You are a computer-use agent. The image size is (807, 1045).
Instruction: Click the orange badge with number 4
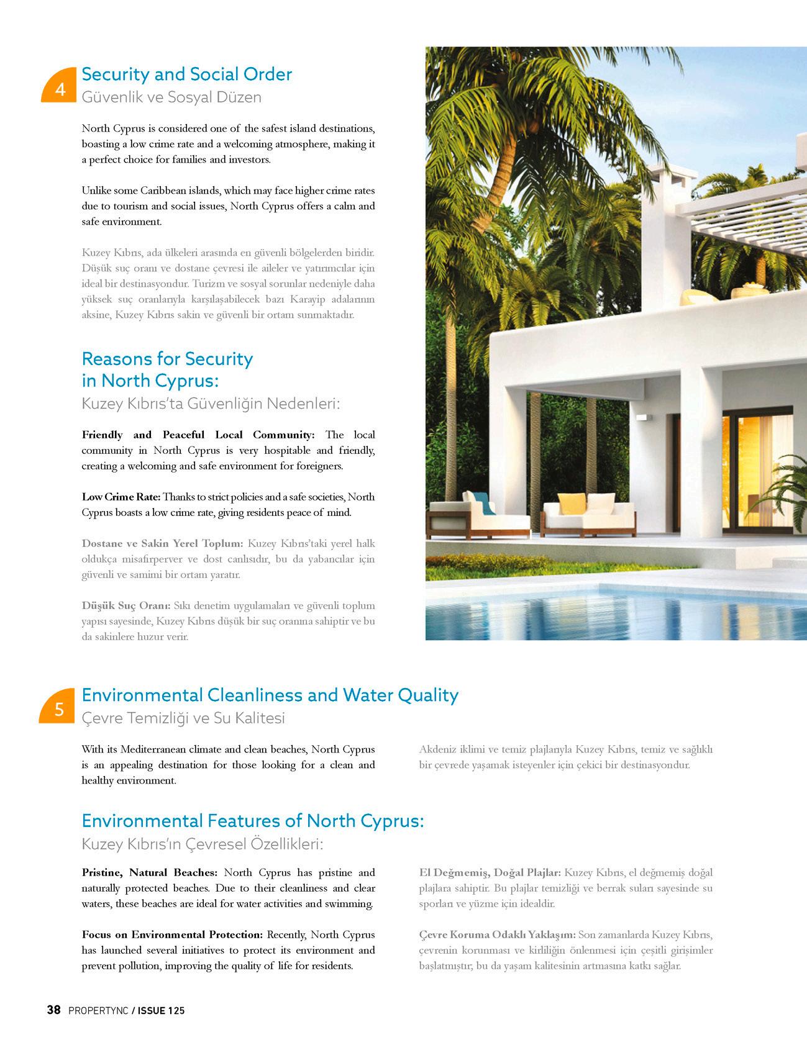pyautogui.click(x=60, y=87)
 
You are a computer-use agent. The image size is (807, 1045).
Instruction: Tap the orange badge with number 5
pyautogui.click(x=59, y=709)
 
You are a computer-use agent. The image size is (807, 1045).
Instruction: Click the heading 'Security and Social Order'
pyautogui.click(x=186, y=75)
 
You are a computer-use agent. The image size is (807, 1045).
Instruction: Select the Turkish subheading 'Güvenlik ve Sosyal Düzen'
pyautogui.click(x=171, y=97)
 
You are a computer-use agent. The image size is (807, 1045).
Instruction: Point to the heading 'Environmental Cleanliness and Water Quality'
pyautogui.click(x=270, y=695)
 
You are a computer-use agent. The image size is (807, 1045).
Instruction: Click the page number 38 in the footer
pyautogui.click(x=53, y=1010)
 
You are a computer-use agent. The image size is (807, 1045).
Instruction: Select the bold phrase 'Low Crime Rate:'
pyautogui.click(x=121, y=497)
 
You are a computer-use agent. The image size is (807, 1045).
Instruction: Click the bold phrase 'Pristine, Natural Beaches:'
pyautogui.click(x=149, y=873)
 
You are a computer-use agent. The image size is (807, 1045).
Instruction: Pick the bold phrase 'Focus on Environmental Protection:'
pyautogui.click(x=172, y=935)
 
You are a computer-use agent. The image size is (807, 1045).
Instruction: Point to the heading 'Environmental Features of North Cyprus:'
pyautogui.click(x=252, y=821)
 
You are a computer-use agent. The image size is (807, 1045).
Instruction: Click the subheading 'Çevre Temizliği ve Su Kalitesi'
pyautogui.click(x=183, y=718)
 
